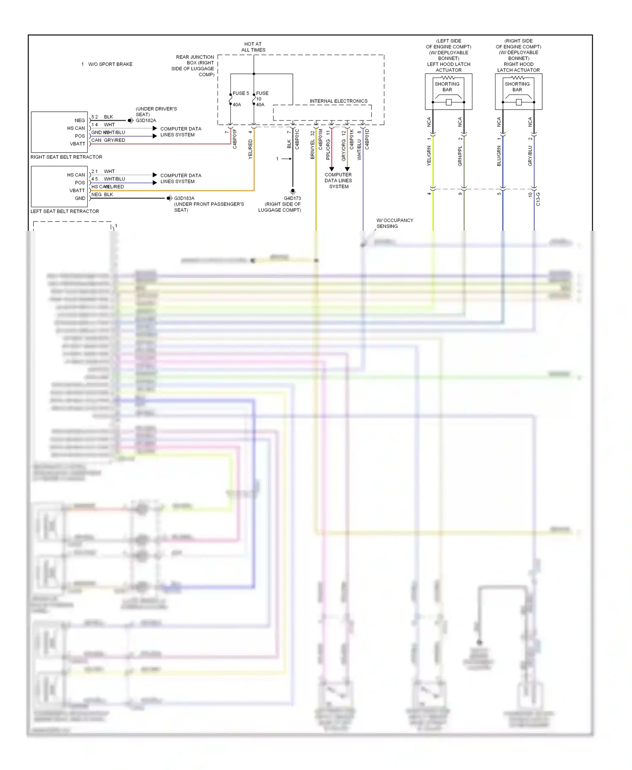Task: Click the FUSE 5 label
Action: (x=241, y=93)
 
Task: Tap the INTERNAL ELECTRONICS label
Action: (x=338, y=101)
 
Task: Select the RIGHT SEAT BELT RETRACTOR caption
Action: (x=66, y=157)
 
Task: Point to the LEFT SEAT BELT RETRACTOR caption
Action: (x=64, y=211)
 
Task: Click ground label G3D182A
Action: (x=146, y=120)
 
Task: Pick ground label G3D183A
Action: (x=184, y=198)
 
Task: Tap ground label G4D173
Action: (x=292, y=198)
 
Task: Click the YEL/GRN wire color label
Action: (x=429, y=156)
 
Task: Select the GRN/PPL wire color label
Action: (x=460, y=156)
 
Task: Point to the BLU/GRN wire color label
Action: (x=499, y=156)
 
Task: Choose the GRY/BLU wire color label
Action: (x=530, y=156)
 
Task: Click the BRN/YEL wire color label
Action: (x=313, y=149)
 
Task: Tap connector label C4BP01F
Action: (x=235, y=139)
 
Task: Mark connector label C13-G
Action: (x=538, y=199)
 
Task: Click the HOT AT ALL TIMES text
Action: (x=253, y=47)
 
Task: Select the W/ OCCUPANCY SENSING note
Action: (x=394, y=223)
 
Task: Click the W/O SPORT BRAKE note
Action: (x=110, y=64)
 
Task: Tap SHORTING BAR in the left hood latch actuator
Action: (x=447, y=87)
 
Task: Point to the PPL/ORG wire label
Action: (x=328, y=150)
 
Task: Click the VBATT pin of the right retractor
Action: (x=78, y=144)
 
